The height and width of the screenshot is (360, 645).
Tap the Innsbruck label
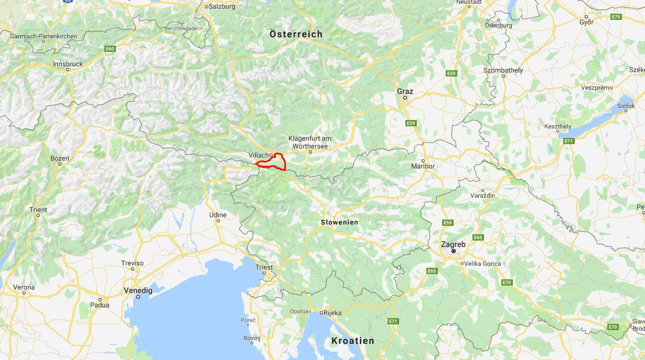(68, 64)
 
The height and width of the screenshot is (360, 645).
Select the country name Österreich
(296, 34)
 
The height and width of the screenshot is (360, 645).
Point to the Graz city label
(405, 91)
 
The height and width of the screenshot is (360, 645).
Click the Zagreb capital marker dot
(453, 251)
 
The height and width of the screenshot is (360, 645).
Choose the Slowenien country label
(340, 222)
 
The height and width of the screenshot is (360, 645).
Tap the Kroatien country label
(352, 341)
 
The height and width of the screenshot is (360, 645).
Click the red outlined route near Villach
(283, 162)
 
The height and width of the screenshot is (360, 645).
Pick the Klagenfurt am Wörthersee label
(310, 142)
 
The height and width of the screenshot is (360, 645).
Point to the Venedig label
(138, 290)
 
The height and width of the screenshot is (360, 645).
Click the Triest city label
(264, 267)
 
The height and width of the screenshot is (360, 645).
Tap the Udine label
(218, 215)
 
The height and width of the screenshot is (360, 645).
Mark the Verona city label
(24, 287)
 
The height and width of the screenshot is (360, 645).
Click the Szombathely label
(503, 70)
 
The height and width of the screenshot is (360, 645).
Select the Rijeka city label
(332, 313)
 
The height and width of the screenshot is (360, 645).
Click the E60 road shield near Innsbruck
(110, 49)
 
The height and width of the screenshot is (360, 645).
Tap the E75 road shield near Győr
(616, 17)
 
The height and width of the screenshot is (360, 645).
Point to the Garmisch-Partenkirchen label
(44, 36)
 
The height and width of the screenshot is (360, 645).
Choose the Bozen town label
(59, 158)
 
